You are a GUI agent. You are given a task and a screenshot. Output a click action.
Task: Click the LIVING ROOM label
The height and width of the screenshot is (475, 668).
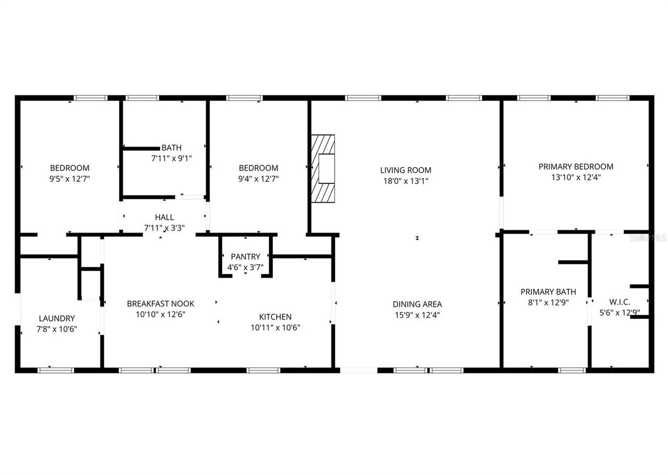[x=405, y=170]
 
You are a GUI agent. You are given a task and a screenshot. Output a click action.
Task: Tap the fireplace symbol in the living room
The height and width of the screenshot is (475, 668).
[x=323, y=169]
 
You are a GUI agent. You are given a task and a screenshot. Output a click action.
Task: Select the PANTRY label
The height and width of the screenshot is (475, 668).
[x=245, y=257]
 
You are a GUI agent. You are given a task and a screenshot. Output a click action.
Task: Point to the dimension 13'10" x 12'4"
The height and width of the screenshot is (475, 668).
[x=576, y=177]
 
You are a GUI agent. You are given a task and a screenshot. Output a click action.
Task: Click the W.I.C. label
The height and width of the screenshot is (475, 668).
[x=619, y=302]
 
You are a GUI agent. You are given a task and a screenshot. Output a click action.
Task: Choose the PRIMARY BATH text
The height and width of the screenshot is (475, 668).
[x=548, y=292]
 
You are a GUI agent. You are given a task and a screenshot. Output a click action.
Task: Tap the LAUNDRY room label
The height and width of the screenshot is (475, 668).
[x=57, y=318]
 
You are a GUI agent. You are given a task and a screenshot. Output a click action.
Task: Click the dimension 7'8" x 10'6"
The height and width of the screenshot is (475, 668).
[x=57, y=329]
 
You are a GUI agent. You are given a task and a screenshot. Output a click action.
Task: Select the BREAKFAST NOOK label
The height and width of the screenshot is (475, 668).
[x=160, y=304]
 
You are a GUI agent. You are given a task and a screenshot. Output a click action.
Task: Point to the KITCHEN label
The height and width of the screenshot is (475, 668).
[x=275, y=317]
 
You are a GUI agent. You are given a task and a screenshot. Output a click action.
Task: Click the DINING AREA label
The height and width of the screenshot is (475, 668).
[x=417, y=304]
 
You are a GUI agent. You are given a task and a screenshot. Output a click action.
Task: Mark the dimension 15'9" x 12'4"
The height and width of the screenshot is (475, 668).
[x=417, y=315]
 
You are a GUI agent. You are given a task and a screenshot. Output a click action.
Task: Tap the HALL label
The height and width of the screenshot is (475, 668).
[x=164, y=217]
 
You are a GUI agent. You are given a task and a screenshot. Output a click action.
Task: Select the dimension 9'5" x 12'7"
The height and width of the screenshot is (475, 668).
[x=69, y=179]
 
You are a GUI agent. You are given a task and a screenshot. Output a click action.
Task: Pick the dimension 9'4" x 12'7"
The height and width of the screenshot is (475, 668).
[x=258, y=179]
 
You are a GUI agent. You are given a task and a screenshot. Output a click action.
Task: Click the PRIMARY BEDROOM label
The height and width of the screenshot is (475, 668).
[x=576, y=167]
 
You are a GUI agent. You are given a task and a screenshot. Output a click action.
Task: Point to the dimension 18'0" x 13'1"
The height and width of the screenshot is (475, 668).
[x=405, y=181]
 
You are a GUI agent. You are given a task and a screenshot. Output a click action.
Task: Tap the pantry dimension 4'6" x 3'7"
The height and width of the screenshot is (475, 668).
[x=245, y=268]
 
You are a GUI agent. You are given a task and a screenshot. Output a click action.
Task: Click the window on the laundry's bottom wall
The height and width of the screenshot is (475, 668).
[x=56, y=370]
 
